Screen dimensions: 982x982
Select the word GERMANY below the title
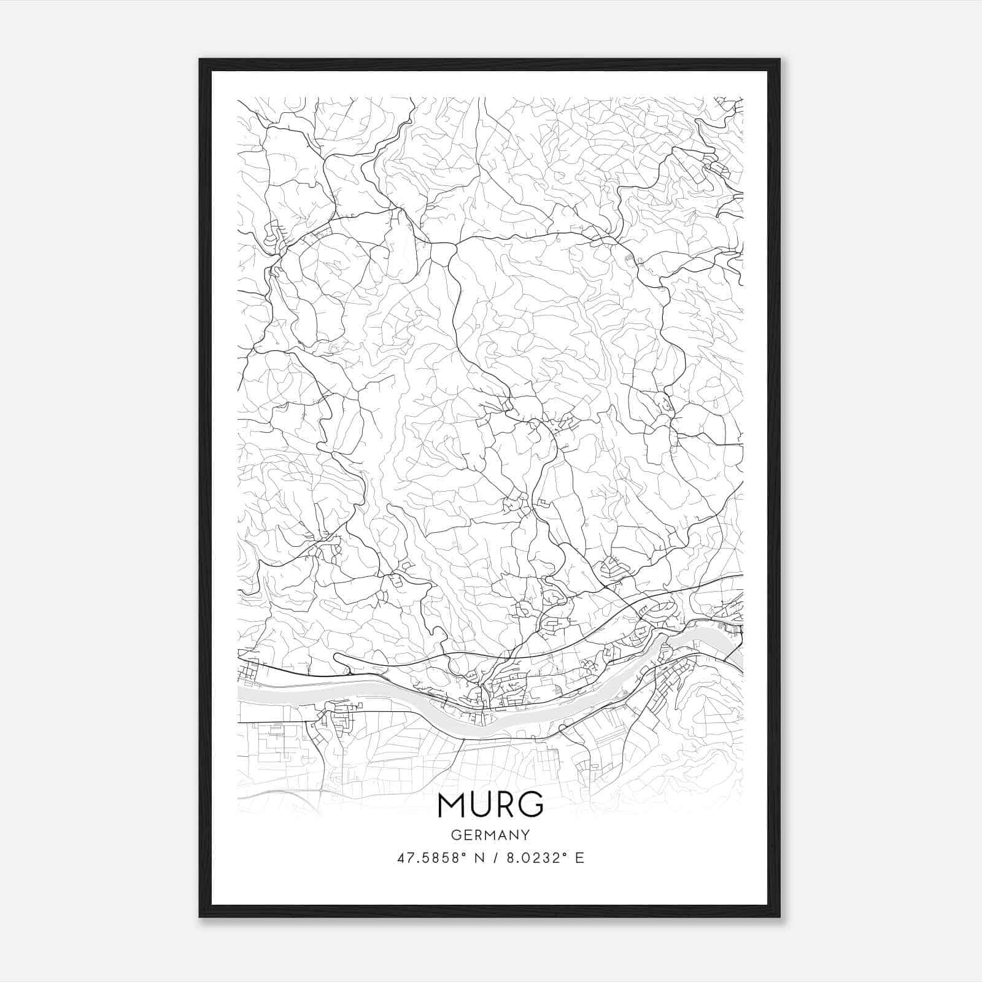pos(490,835)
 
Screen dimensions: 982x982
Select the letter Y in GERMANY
pos(526,835)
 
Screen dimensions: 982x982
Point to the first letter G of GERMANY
pos(455,835)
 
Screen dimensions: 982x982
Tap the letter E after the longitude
pos(580,858)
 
